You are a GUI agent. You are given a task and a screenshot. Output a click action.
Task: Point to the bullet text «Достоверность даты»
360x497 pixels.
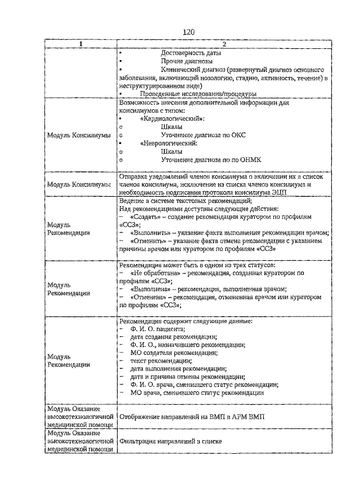click(190, 53)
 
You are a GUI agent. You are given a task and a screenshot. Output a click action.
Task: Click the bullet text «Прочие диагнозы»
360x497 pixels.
click(186, 61)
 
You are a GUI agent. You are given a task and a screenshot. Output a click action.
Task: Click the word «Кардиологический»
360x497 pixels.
click(171, 119)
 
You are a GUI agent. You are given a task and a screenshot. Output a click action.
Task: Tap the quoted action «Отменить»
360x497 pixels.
click(145, 241)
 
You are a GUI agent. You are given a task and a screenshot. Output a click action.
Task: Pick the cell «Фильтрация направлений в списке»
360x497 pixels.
click(170, 441)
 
